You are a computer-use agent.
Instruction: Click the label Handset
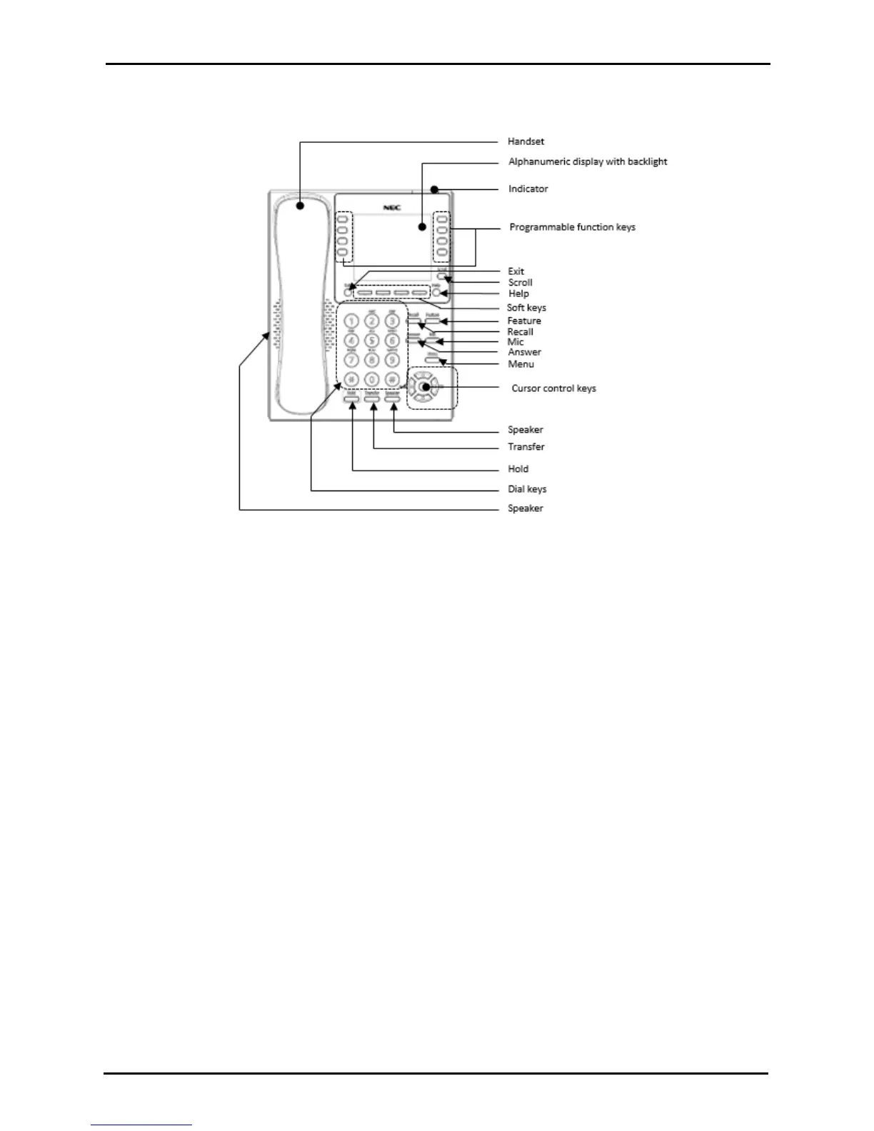[526, 141]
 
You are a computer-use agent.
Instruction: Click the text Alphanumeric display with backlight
[588, 161]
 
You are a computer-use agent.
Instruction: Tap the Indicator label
[528, 188]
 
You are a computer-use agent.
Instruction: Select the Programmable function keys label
[572, 227]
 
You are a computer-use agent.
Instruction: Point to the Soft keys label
[526, 308]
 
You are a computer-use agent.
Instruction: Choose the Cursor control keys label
[553, 388]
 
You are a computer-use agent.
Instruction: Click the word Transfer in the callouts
[526, 447]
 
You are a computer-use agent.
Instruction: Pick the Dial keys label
[527, 489]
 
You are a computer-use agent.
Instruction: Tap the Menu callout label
[521, 364]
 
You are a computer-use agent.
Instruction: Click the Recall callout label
[520, 332]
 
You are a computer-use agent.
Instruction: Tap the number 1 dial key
[351, 323]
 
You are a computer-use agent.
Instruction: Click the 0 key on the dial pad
[371, 379]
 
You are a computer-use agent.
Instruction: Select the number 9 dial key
[391, 360]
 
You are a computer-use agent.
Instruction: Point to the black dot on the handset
[301, 206]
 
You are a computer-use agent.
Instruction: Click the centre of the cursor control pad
[425, 388]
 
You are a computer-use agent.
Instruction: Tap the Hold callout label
[518, 469]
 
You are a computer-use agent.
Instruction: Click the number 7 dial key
[351, 360]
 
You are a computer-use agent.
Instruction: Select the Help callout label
[518, 293]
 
